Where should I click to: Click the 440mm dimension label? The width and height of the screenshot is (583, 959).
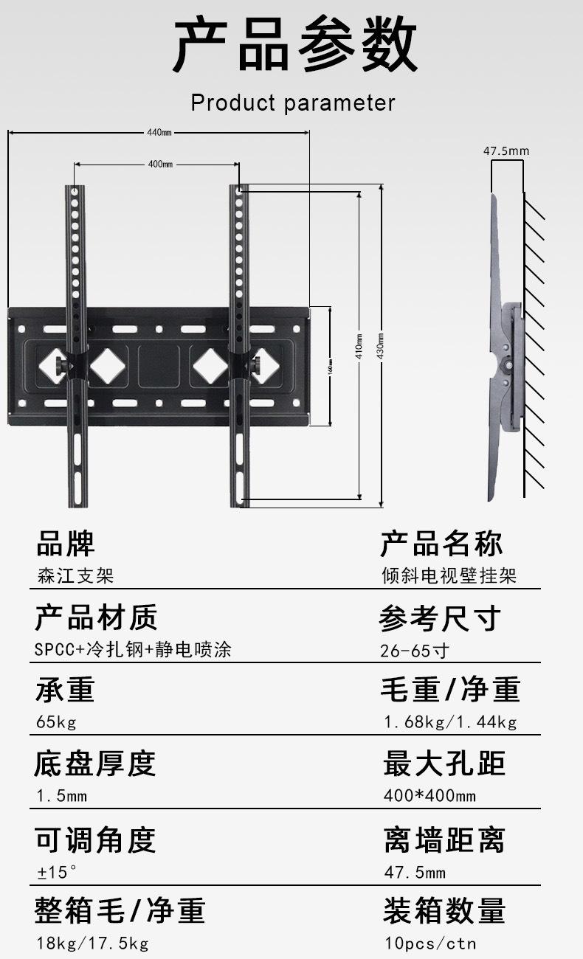coord(159,133)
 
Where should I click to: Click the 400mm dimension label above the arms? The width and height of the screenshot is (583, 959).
coord(159,164)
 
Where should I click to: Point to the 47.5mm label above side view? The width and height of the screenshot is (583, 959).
coord(506,151)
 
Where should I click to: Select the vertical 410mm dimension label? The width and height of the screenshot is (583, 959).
coord(359,345)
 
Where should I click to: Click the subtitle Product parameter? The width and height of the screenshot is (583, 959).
coord(293,103)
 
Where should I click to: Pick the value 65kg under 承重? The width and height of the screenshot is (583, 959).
coord(56,721)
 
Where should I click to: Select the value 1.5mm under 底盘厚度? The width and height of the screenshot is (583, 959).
coord(61,796)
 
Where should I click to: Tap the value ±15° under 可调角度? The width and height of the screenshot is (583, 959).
coord(57,872)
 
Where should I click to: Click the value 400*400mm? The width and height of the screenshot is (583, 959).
coord(430,795)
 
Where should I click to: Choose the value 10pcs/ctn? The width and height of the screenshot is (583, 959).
coord(430,943)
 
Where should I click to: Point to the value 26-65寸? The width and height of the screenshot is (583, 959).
coord(414,651)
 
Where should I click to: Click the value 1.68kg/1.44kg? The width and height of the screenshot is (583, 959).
coord(450,721)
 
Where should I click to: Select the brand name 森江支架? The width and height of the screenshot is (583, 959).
coord(75,575)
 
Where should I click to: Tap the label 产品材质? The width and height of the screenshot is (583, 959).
coord(96,617)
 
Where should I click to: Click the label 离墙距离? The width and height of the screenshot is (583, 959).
coord(444,839)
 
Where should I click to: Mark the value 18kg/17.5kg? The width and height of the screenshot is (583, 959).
coord(92,943)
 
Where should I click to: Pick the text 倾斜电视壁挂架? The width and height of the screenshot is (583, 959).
coord(449,575)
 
